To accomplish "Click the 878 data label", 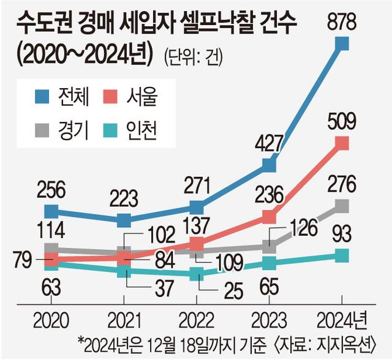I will (342, 23).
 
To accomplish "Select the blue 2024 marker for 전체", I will (342, 43).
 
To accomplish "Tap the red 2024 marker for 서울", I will (342, 143).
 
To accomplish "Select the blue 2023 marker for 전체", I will (269, 164).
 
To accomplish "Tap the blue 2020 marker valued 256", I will (52, 212).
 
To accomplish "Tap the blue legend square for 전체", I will (42, 96).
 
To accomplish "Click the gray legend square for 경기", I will (42, 128).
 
